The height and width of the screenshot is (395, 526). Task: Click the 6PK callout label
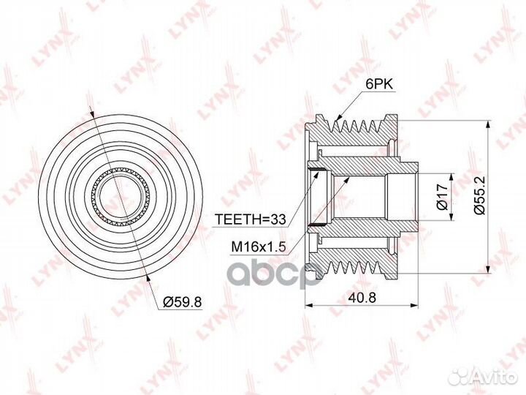click(x=378, y=84)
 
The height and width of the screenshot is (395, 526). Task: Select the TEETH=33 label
click(x=251, y=219)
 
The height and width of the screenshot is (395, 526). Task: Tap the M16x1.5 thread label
click(x=259, y=247)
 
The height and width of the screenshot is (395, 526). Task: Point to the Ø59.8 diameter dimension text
click(x=182, y=302)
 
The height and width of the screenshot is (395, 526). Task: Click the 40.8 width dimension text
click(x=362, y=297)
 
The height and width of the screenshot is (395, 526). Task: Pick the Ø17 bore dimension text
click(x=443, y=197)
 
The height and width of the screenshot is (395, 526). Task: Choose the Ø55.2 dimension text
click(x=480, y=195)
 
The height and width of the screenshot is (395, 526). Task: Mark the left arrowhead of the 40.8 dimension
click(x=308, y=305)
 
